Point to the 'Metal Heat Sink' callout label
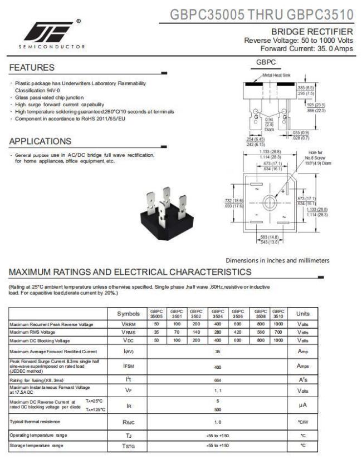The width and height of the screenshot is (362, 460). tap(277, 75)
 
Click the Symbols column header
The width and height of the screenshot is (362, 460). tap(128, 314)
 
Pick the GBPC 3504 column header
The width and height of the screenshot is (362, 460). tap(217, 314)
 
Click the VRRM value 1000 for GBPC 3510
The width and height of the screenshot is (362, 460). tap(278, 324)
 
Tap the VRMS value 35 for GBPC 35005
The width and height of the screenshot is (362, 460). tap(157, 332)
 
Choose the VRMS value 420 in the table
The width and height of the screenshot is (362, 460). tap(237, 332)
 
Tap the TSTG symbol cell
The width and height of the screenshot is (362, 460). tap(128, 446)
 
